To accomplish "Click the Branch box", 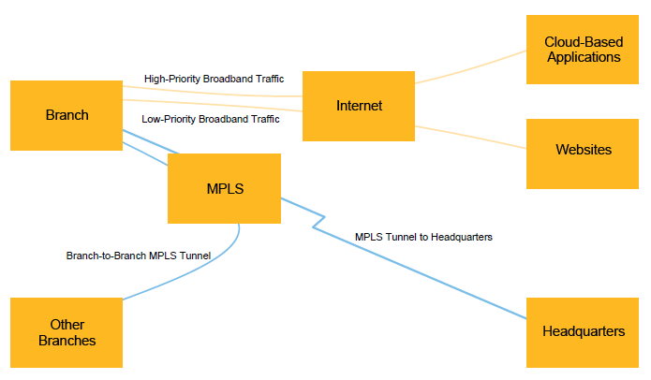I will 67,115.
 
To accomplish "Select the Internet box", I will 359,106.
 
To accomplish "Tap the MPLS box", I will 224,188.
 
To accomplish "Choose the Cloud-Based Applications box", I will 582,50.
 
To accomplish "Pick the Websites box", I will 583,150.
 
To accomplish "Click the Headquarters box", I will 583,331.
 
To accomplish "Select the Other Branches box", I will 67,332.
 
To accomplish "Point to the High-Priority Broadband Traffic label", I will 214,79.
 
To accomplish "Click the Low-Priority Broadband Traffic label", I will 210,119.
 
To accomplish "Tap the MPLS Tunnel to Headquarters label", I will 423,237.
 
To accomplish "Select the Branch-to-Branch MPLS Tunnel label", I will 139,255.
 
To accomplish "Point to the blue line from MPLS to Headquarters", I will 431,271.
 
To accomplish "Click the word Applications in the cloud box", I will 583,57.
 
